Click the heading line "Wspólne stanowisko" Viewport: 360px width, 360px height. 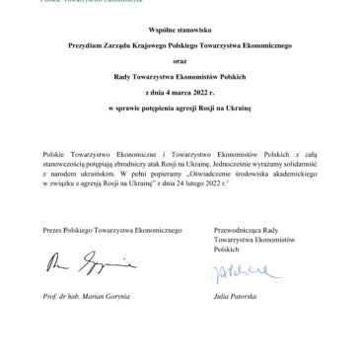click(x=180, y=32)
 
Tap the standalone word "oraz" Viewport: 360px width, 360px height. click(x=180, y=61)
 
